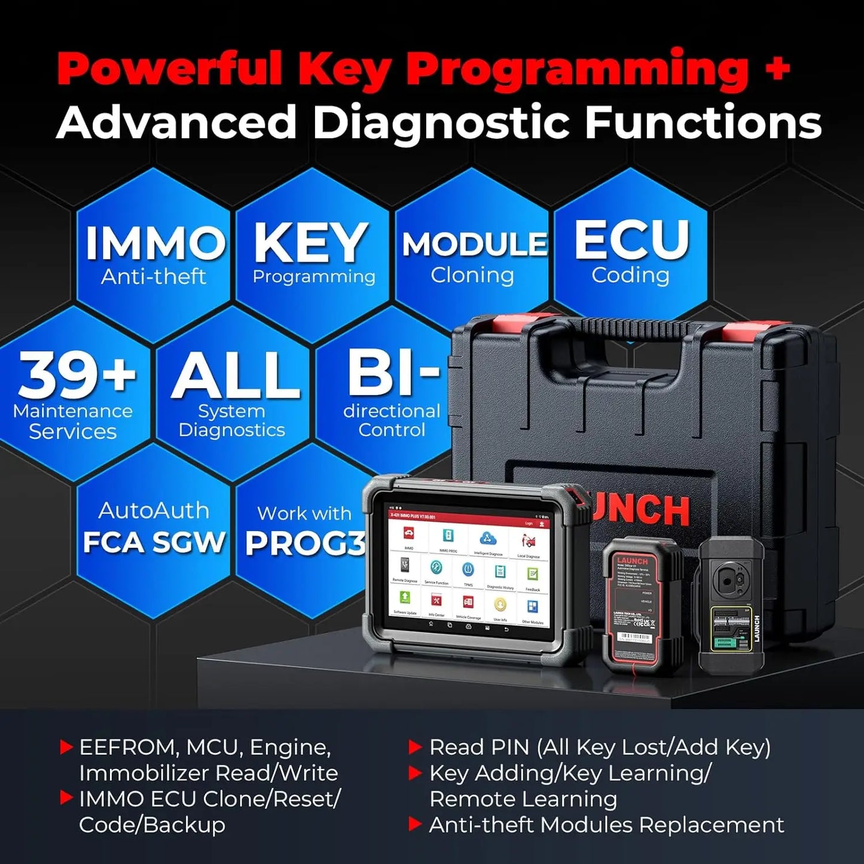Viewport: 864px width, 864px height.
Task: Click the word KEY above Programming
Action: pyautogui.click(x=310, y=242)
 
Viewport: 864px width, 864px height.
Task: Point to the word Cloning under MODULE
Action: pyautogui.click(x=472, y=275)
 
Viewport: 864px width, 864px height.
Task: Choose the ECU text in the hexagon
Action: pyautogui.click(x=632, y=239)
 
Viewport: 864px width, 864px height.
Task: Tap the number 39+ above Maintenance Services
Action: pyautogui.click(x=76, y=374)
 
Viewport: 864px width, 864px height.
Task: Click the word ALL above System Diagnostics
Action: pyautogui.click(x=236, y=375)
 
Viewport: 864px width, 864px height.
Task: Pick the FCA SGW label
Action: pyautogui.click(x=153, y=542)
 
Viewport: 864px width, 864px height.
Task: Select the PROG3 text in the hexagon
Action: pyautogui.click(x=305, y=543)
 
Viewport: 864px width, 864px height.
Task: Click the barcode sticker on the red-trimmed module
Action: pyautogui.click(x=633, y=638)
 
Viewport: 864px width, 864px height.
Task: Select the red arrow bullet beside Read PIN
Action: pyautogui.click(x=415, y=746)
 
